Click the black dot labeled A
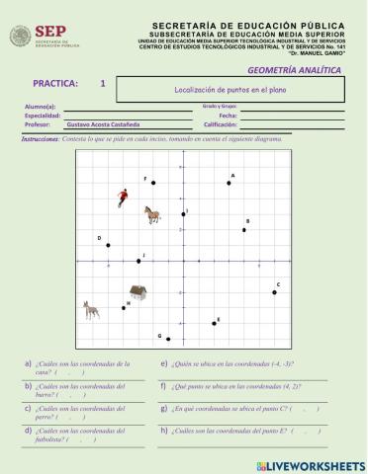click(229, 183)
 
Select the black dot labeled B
click(244, 230)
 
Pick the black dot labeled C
click(275, 292)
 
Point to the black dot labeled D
click(108, 245)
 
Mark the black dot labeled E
click(214, 323)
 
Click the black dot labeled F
click(152, 183)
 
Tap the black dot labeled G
click(168, 339)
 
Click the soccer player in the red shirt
click(121, 197)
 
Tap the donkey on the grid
click(151, 213)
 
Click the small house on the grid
click(138, 292)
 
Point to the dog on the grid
click(91, 310)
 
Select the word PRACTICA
click(57, 85)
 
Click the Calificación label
click(223, 125)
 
